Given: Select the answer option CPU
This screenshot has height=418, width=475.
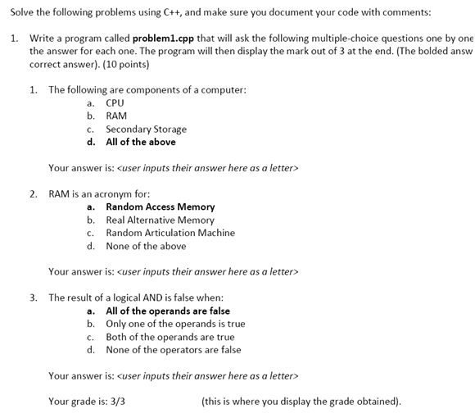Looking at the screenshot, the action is click(x=115, y=103).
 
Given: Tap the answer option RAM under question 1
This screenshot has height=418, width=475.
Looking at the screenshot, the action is click(x=116, y=116).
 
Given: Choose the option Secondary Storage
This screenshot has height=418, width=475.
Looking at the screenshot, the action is click(x=146, y=129).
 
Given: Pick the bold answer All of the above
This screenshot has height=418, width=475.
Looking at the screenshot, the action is click(x=140, y=142).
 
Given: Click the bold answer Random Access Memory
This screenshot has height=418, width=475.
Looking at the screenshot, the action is click(x=160, y=207).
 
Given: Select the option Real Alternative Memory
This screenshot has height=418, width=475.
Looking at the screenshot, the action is click(x=160, y=220).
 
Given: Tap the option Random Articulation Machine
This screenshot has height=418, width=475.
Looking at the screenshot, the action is click(x=170, y=233).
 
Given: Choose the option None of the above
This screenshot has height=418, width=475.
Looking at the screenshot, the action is click(x=146, y=246).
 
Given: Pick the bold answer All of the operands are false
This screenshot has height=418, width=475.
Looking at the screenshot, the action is click(x=168, y=311).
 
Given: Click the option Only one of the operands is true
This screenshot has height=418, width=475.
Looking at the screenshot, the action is click(x=175, y=324).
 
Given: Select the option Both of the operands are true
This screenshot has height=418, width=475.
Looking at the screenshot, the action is click(x=170, y=337).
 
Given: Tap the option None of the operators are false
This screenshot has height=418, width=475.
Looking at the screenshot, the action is click(x=173, y=350).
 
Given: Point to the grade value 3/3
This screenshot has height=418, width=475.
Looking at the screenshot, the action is click(x=117, y=402).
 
